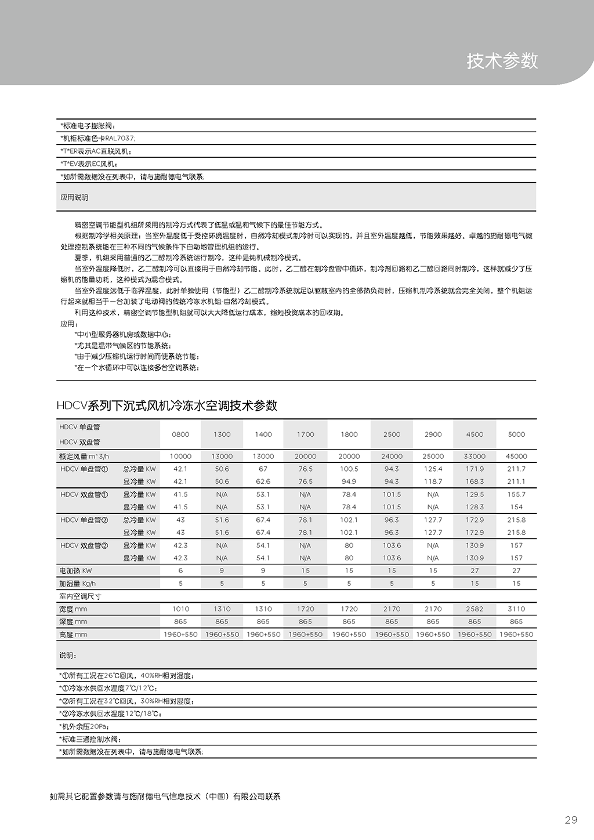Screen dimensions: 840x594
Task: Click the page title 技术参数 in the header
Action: coord(502,61)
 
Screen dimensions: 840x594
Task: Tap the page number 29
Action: coord(571,820)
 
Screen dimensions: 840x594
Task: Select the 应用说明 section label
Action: coord(74,197)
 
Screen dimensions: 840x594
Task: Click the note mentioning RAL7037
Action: coord(98,139)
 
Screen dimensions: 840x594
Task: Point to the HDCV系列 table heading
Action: coord(167,405)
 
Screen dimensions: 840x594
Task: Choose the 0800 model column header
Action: coord(180,434)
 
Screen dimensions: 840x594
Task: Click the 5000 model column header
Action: coord(516,434)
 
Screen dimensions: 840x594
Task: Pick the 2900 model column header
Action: coord(433,434)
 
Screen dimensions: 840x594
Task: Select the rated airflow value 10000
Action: coord(180,456)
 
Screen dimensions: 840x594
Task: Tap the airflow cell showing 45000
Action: coord(516,456)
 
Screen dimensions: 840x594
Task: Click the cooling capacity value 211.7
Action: coord(516,469)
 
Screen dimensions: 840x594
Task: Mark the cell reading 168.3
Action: coord(475,481)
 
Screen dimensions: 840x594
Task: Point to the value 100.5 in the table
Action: coord(349,469)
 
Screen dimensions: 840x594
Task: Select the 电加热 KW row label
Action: coord(75,571)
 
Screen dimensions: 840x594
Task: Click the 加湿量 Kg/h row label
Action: coord(77,584)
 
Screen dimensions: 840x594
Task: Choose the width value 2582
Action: coord(475,609)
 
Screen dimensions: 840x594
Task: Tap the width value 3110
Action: coord(516,609)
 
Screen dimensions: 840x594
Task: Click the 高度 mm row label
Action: coord(73,635)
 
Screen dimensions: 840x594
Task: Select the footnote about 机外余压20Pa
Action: coord(85,726)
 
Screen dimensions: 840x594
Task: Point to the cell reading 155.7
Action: coord(516,494)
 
